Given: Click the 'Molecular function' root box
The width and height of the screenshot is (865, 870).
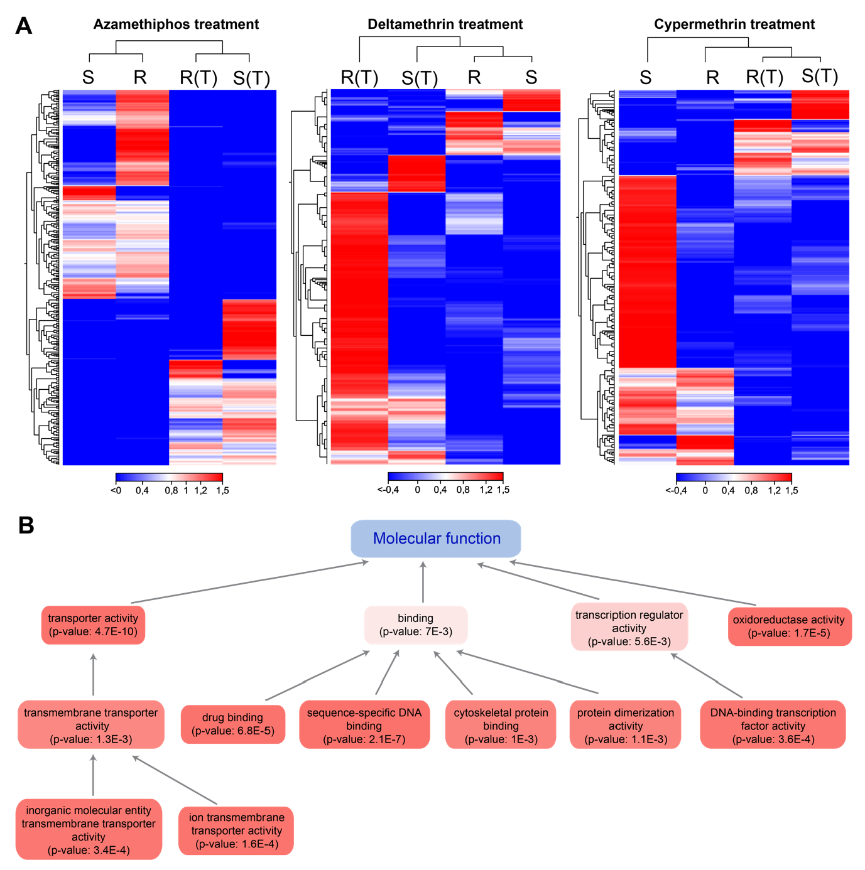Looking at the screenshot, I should point(436,539).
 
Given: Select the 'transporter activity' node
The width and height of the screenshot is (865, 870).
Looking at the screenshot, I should point(93,625).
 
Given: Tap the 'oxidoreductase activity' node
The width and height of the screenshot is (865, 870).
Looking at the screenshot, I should point(789,626).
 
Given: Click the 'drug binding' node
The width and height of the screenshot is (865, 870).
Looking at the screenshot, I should point(232,724).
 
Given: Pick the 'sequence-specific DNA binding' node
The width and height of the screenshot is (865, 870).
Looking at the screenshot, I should point(364,726).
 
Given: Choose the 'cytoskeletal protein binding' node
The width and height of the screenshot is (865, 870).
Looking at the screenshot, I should point(501,726).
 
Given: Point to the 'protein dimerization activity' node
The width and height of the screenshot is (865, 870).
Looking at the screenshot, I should point(625,726).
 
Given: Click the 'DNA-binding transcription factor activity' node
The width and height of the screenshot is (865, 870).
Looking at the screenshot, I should point(773,726).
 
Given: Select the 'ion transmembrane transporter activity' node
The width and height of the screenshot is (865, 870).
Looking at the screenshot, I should point(236,830).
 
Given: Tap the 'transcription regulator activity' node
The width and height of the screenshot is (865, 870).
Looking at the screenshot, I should point(629,628).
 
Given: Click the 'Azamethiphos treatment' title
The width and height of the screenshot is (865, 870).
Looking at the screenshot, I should point(176,24).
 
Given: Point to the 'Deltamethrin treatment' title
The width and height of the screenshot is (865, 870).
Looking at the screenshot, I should point(445,24).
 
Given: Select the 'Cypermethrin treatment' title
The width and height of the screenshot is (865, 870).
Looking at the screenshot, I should point(734,24).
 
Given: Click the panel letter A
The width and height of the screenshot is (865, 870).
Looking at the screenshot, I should point(23,26).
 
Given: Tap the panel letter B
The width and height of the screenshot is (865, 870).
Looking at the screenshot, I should point(26,525).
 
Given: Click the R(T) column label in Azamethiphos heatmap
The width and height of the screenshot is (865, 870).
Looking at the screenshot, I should point(198,78).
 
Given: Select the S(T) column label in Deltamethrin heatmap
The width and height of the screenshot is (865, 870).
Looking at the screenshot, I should point(419,78).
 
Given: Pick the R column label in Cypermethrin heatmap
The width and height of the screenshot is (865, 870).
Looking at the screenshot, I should point(712,77).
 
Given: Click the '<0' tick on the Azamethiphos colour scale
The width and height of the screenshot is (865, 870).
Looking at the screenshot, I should point(116,491).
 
